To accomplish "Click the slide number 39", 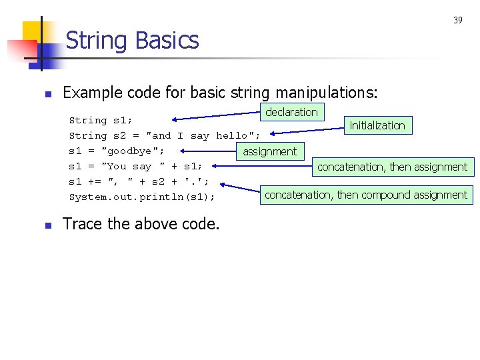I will click(458, 21).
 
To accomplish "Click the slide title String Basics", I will click(132, 41).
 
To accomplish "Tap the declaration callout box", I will click(291, 112).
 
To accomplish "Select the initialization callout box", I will click(377, 125).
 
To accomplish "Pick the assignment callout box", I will click(269, 152).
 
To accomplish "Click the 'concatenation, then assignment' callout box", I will click(392, 167).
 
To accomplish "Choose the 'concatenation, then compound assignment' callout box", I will click(366, 195).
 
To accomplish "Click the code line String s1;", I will click(101, 121).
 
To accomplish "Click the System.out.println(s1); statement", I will click(142, 197).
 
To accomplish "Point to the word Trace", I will click(82, 224).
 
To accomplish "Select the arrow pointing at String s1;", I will click(213, 118).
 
